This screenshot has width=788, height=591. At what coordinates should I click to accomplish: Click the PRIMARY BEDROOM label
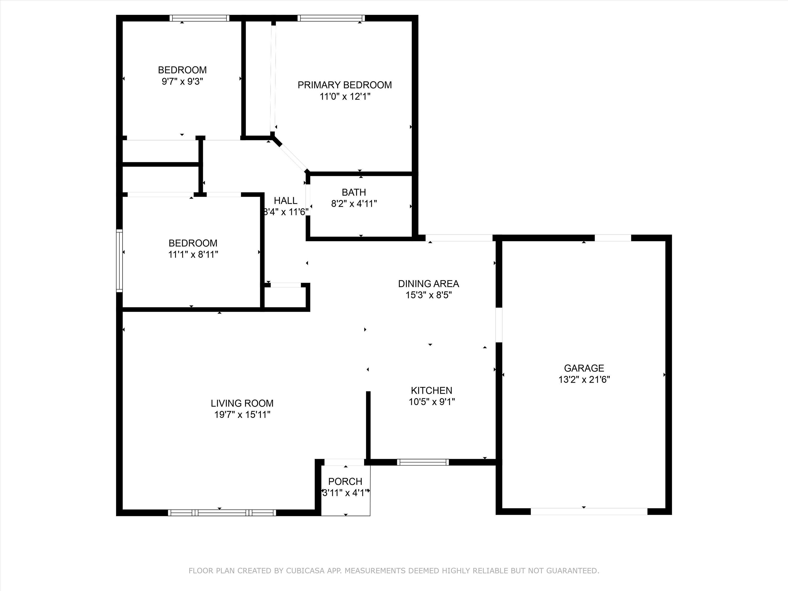click(x=344, y=85)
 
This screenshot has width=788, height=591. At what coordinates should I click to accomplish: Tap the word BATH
click(x=354, y=192)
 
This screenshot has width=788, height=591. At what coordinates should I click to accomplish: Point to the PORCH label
click(x=345, y=482)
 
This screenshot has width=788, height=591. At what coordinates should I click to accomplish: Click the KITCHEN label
click(x=431, y=390)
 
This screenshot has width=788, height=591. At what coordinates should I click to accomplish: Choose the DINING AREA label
click(x=429, y=284)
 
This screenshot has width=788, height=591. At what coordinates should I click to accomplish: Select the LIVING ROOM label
click(x=242, y=403)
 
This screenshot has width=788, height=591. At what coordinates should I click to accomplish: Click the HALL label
click(x=285, y=201)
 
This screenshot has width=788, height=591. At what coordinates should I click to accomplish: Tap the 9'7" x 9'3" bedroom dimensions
click(x=182, y=82)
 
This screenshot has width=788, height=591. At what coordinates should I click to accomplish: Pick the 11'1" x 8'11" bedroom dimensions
click(x=193, y=254)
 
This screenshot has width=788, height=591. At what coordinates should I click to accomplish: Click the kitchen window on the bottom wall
click(x=423, y=462)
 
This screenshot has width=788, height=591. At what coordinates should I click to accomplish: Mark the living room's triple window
click(x=222, y=513)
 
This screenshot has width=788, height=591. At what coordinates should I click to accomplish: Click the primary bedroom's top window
click(x=331, y=18)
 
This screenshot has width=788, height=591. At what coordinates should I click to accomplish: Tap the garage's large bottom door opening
click(x=589, y=512)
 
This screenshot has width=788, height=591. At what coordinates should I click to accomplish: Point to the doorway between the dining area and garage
click(x=499, y=325)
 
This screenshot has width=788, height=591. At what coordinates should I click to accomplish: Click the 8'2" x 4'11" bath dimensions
click(x=354, y=204)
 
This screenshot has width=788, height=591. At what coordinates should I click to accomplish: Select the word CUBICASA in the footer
click(x=305, y=571)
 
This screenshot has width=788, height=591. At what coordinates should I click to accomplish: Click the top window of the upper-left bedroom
click(x=199, y=18)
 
